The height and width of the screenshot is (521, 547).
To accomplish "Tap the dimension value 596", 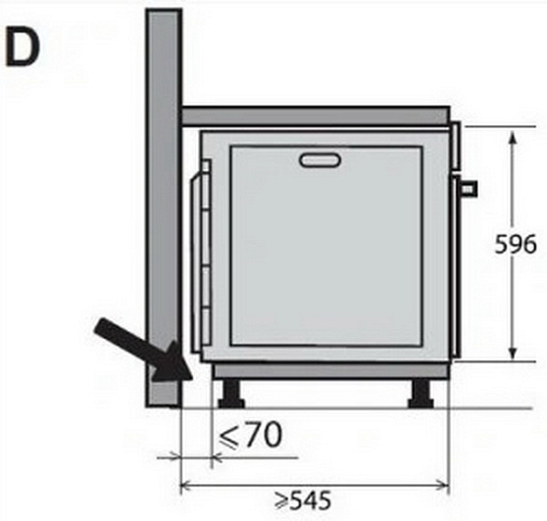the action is pos(516,244).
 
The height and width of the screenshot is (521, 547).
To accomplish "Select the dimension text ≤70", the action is pos(250,435).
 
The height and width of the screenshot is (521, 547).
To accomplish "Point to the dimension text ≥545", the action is pos(302,500).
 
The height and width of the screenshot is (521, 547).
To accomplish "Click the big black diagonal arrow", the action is pos(144,352).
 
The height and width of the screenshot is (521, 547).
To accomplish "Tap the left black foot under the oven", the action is pos(231,394).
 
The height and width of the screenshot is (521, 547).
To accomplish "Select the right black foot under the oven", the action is pos(422,394).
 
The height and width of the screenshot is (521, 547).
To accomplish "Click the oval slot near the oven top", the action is pos(320,160).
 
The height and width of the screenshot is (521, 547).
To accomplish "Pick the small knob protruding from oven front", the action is pos(469,189).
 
